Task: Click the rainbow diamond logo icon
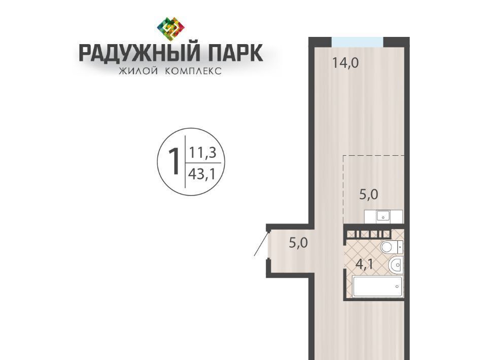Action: coord(171,29)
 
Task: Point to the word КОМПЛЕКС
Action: coord(193,71)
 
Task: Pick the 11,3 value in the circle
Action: coord(202,153)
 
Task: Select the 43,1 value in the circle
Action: coord(202,174)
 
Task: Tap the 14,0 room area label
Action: coord(345,63)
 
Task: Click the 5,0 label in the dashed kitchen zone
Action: coord(369,195)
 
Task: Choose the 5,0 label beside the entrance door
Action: coord(298,242)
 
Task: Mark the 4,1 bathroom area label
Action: coord(365,264)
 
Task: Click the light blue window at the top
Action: coord(357,42)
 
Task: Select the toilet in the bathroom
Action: coord(392,247)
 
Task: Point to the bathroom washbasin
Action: coord(396,265)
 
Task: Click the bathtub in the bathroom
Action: coord(378,286)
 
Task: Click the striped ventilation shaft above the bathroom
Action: coord(369,234)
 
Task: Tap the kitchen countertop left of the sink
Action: coord(370,217)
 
